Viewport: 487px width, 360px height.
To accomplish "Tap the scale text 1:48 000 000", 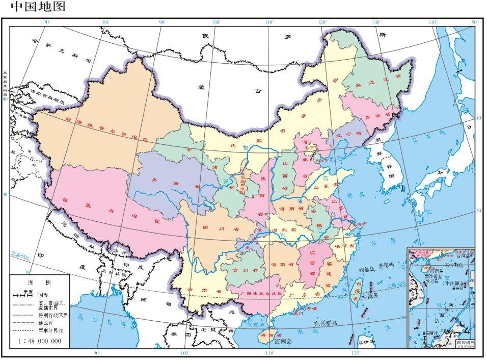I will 43,340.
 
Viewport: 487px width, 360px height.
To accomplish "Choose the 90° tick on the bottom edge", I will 96,353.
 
